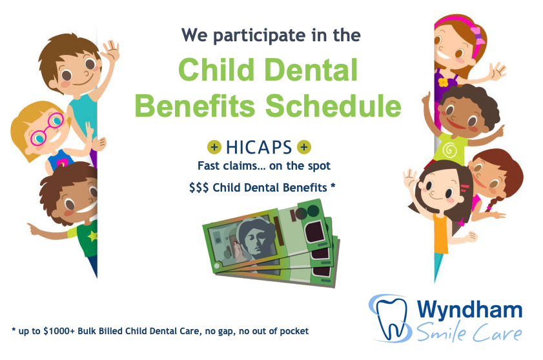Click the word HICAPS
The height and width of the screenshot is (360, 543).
[x=259, y=147]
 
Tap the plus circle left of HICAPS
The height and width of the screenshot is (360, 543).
[x=214, y=147]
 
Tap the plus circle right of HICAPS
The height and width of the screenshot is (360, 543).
[x=304, y=147]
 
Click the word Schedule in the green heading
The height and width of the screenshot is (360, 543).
[x=333, y=106]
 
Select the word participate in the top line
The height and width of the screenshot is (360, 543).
[x=260, y=36]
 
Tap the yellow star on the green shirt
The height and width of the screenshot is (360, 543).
[x=92, y=235]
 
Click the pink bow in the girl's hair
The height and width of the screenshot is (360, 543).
[x=478, y=36]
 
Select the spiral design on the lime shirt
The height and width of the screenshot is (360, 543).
[x=449, y=150]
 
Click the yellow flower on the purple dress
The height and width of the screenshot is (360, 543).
[x=443, y=82]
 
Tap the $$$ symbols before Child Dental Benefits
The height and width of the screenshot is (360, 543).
[x=199, y=188]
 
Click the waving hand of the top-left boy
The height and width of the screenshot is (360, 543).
[x=112, y=50]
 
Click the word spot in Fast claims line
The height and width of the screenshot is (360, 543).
[x=319, y=166]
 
